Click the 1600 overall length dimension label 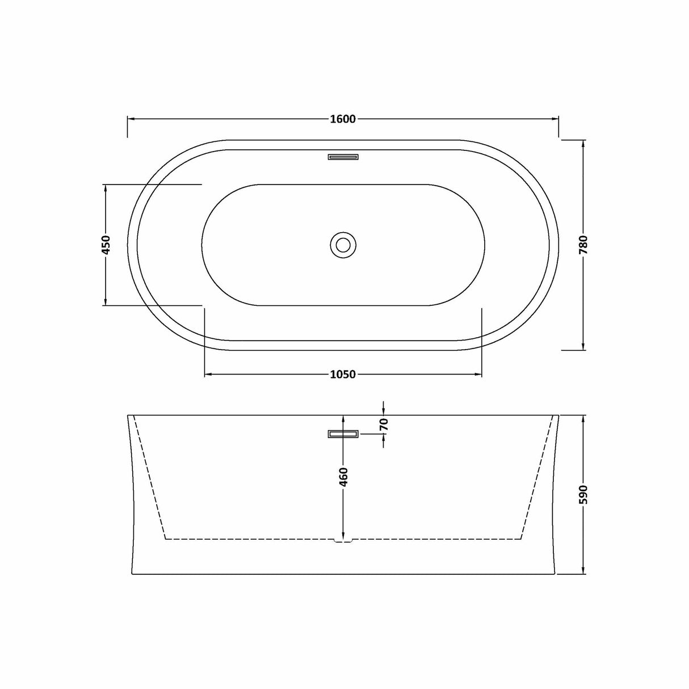tap(342, 119)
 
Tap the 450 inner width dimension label tap(106, 245)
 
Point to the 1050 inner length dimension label tap(342, 375)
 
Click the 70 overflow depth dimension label tap(384, 423)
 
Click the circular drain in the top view tap(343, 245)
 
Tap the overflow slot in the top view tap(343, 157)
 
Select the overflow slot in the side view tap(343, 434)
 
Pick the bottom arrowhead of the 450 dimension tap(106, 301)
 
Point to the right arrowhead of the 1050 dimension tap(478, 375)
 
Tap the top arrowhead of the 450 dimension tap(106, 188)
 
